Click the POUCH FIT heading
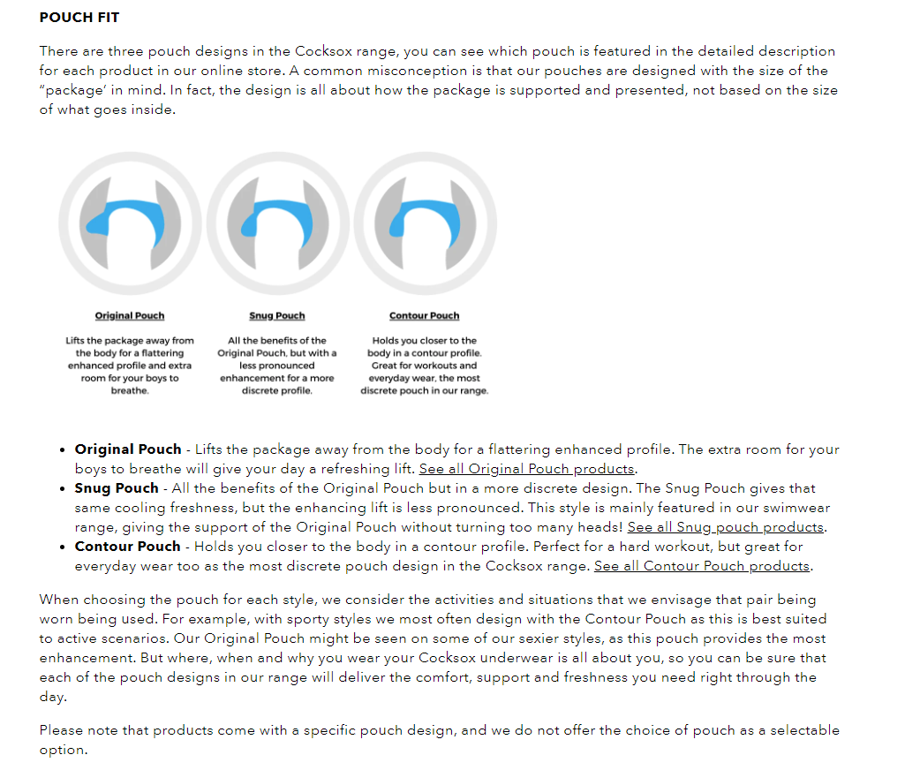[x=79, y=18]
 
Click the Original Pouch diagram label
[x=130, y=316]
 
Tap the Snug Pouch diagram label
[x=277, y=316]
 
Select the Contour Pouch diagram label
[x=425, y=316]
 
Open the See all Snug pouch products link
[x=726, y=527]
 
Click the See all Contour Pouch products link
[x=703, y=566]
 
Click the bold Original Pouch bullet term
[x=128, y=449]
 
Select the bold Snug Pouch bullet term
[x=117, y=488]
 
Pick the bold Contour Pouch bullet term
[x=127, y=547]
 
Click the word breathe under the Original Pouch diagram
[x=130, y=390]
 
